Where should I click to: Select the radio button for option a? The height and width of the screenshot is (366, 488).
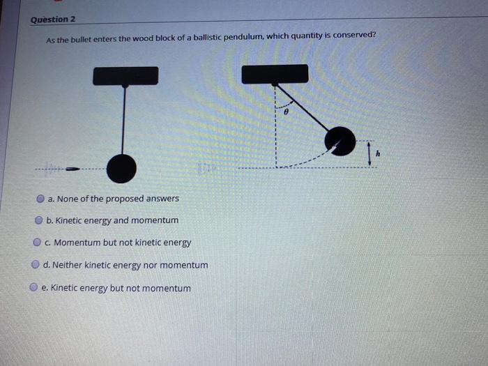click(41, 199)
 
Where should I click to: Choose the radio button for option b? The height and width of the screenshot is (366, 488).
click(39, 220)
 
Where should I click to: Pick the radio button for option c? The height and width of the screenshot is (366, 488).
click(38, 243)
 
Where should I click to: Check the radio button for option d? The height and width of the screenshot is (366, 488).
click(35, 265)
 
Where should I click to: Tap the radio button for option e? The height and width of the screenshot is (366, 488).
click(33, 287)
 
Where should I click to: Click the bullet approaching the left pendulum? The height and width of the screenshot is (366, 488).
click(72, 168)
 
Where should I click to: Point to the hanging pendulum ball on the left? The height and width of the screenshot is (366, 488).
click(122, 168)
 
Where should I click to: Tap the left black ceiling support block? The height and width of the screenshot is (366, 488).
click(125, 75)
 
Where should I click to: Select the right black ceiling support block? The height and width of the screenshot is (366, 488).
click(275, 74)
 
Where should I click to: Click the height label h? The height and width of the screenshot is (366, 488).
click(378, 153)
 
